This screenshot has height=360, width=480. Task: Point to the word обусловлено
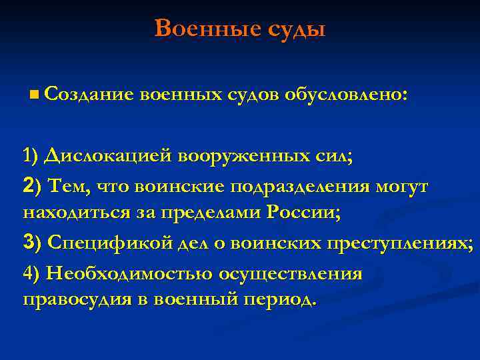[x=343, y=96]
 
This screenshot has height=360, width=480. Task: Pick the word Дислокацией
[x=107, y=156]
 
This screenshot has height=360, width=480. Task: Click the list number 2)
[x=31, y=187]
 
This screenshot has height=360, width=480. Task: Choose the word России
[x=303, y=213]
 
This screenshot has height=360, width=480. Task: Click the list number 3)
[x=31, y=245]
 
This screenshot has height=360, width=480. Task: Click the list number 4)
[x=31, y=274]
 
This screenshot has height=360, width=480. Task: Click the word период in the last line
[x=278, y=299]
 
